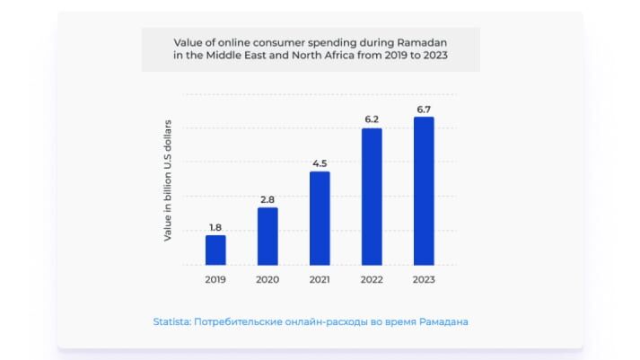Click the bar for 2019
[x=215, y=250]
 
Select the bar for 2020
[x=267, y=236]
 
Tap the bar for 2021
[x=320, y=218]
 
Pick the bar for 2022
[x=372, y=197]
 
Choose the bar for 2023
[x=424, y=191]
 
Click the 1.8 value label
[x=215, y=227]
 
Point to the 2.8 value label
[x=267, y=199]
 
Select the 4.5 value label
[x=320, y=163]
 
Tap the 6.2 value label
[x=372, y=119]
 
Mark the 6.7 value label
[x=424, y=109]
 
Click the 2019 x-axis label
[x=215, y=280]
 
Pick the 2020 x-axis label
[x=267, y=280]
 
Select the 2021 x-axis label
[x=320, y=280]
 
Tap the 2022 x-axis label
[x=372, y=280]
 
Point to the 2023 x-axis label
[x=424, y=280]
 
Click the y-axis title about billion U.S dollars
[x=168, y=180]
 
